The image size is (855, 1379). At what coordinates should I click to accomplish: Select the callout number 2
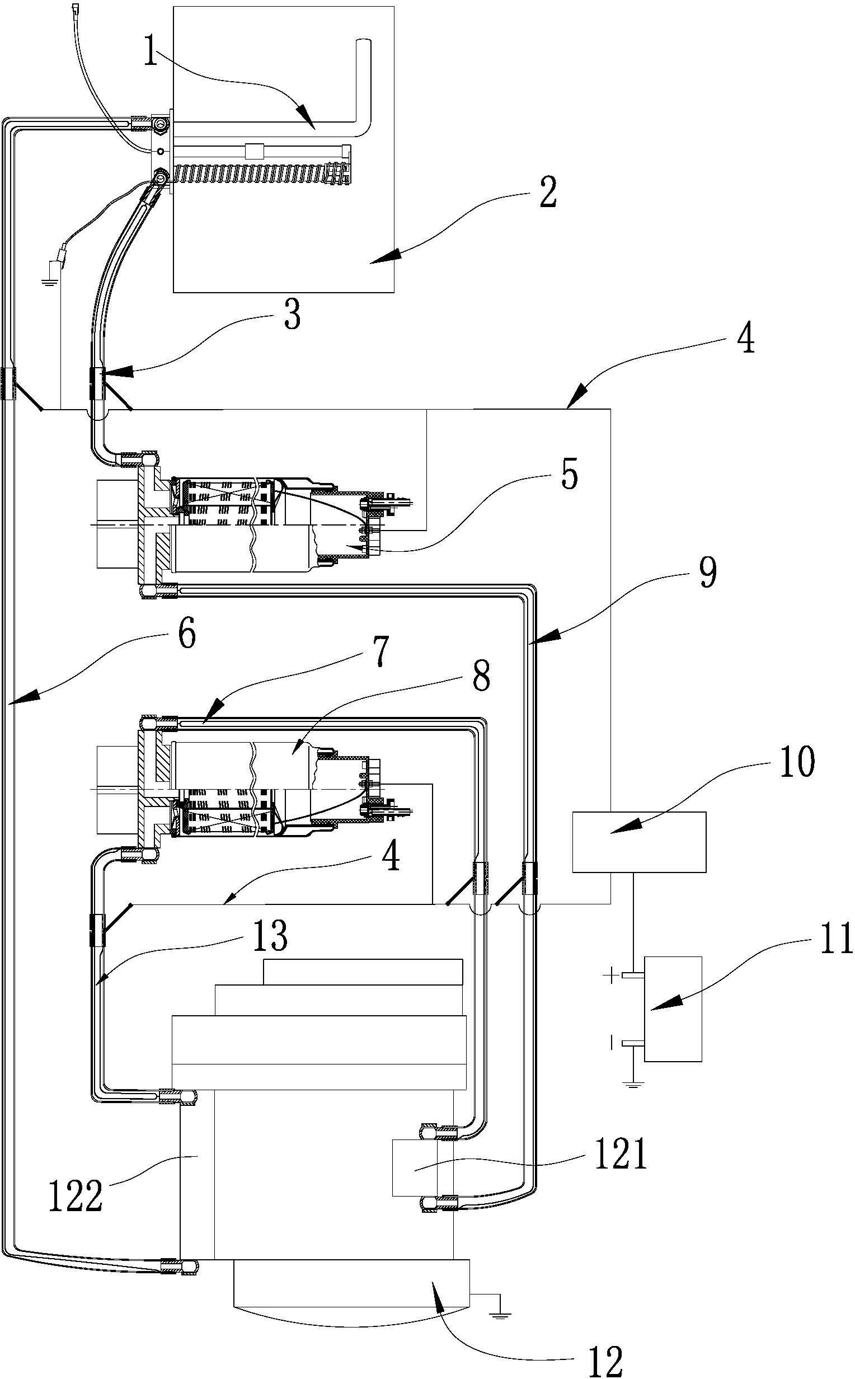547,193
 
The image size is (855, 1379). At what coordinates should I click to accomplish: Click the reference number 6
186,635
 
